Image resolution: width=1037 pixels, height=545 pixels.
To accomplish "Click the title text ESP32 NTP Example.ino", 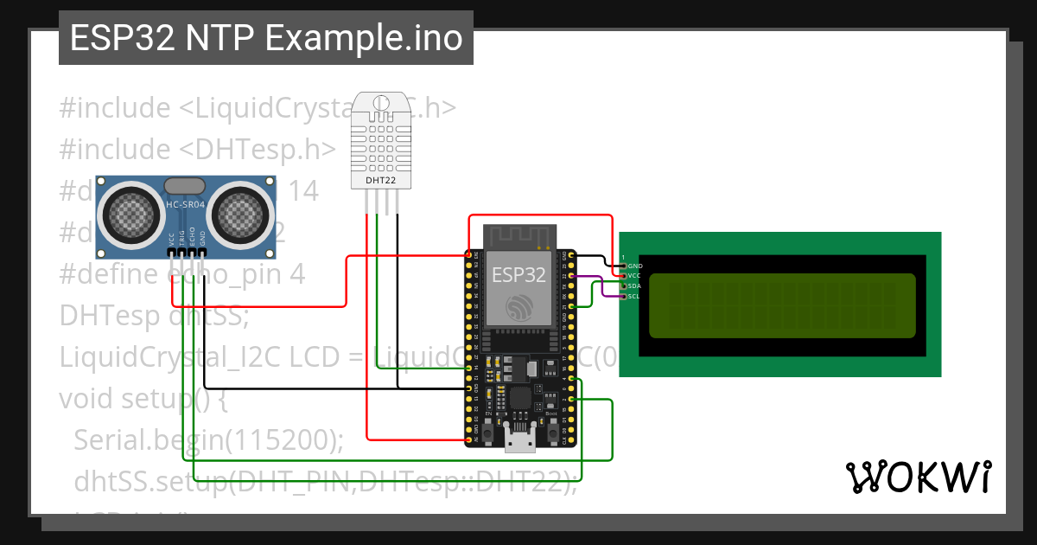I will pyautogui.click(x=265, y=39).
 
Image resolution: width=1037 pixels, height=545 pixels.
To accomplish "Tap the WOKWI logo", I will pyautogui.click(x=917, y=477).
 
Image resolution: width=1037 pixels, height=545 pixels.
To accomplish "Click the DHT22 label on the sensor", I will pyautogui.click(x=381, y=180).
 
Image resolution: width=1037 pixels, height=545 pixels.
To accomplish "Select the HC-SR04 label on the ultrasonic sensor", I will pyautogui.click(x=185, y=204).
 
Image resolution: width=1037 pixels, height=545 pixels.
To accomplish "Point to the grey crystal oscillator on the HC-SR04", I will pyautogui.click(x=185, y=184).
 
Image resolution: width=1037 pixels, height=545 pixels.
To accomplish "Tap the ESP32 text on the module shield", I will pyautogui.click(x=518, y=274).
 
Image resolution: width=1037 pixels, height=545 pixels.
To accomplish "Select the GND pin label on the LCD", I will pyautogui.click(x=634, y=266).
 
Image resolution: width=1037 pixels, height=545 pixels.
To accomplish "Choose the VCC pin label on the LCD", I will pyautogui.click(x=634, y=275).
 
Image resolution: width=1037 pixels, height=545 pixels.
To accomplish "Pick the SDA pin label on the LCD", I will pyautogui.click(x=634, y=285).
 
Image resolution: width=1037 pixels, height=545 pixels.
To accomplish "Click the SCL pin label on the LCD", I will pyautogui.click(x=634, y=296).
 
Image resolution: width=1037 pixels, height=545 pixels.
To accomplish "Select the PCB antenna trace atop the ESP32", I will pyautogui.click(x=518, y=234).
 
